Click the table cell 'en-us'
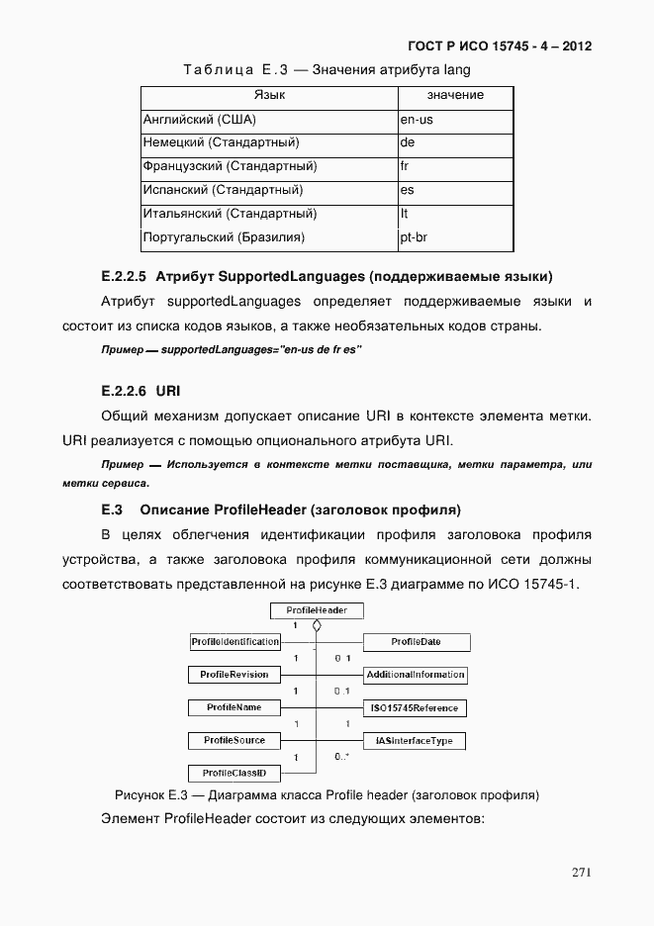(417, 120)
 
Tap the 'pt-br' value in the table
(417, 237)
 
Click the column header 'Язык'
(269, 95)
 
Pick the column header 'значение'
(455, 95)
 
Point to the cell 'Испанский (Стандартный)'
(223, 190)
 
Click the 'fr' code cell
(406, 166)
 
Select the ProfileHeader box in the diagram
(317, 610)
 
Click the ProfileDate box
(417, 642)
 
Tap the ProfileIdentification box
(234, 642)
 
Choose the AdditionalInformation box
(415, 675)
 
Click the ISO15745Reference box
(415, 708)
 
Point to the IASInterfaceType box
(415, 740)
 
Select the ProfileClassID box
(234, 773)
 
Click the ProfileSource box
(234, 740)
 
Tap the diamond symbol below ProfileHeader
(316, 627)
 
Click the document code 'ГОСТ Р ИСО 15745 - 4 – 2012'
(500, 46)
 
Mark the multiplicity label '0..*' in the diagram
(341, 757)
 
